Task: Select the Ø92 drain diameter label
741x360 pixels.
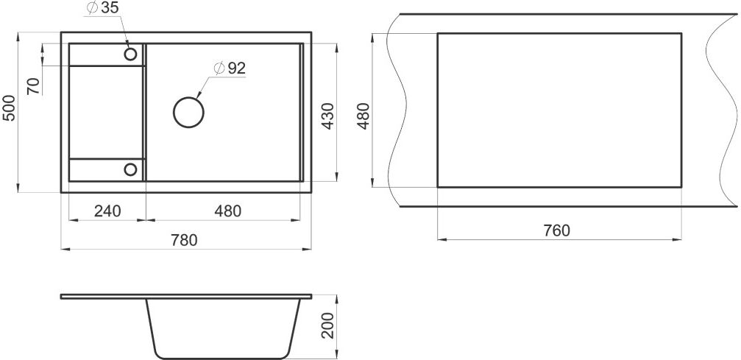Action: [x=230, y=68]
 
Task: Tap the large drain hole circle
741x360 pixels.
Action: [x=188, y=113]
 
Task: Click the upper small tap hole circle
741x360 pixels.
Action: [x=130, y=54]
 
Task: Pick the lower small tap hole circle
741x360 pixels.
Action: [x=130, y=169]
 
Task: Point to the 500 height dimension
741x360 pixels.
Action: [x=10, y=108]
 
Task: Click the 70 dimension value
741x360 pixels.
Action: [x=34, y=87]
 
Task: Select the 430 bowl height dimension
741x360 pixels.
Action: [x=327, y=116]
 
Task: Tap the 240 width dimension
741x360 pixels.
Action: [x=107, y=211]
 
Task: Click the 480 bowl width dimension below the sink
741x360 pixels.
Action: [x=228, y=211]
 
